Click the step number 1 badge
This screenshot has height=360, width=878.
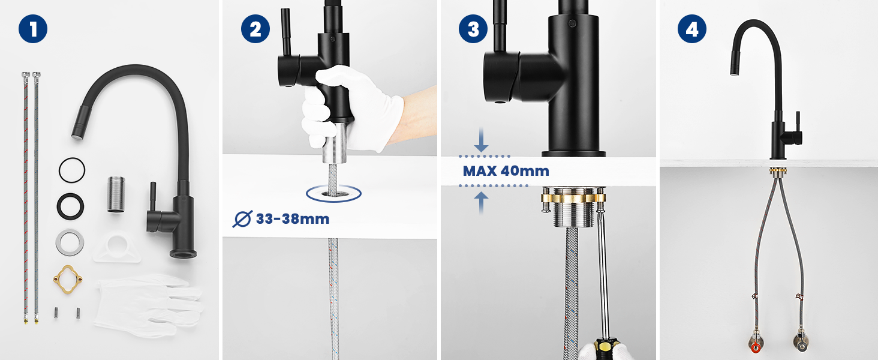click(x=33, y=29)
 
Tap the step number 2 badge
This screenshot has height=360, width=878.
click(x=255, y=29)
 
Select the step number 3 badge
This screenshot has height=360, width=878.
click(x=473, y=29)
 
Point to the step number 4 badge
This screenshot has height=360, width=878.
click(x=692, y=29)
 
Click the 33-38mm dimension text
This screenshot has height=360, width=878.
click(x=293, y=219)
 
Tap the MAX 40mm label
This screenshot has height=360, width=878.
click(x=506, y=171)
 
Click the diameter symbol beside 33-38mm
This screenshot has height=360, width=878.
click(x=242, y=219)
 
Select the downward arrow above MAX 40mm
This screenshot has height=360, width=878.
click(x=481, y=140)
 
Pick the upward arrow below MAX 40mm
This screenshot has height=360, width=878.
click(x=481, y=202)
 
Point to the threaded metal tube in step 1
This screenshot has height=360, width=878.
click(x=116, y=194)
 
